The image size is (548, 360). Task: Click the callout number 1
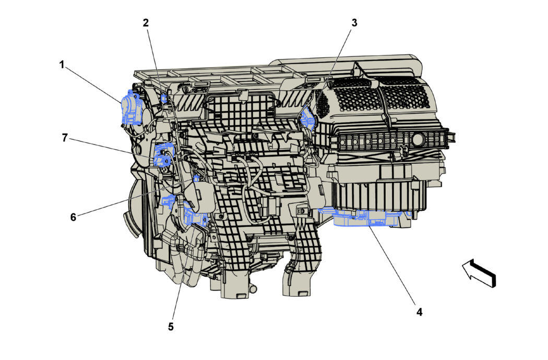tap(62, 65)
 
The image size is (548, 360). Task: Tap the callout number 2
tap(146, 22)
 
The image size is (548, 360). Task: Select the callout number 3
tap(354, 22)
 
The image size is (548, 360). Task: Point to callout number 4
tap(419, 312)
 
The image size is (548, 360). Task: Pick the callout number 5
tap(171, 327)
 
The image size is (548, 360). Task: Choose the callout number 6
tap(73, 217)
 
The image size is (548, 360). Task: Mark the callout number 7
tap(65, 138)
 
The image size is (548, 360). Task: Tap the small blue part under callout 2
tap(164, 98)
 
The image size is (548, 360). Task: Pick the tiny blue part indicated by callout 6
tap(196, 179)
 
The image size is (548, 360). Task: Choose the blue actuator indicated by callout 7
tap(163, 155)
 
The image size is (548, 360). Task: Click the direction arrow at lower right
tap(479, 273)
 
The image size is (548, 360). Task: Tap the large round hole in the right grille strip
tap(417, 139)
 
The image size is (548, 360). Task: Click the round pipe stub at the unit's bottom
tap(254, 289)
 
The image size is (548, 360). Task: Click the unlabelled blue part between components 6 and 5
tap(169, 201)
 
